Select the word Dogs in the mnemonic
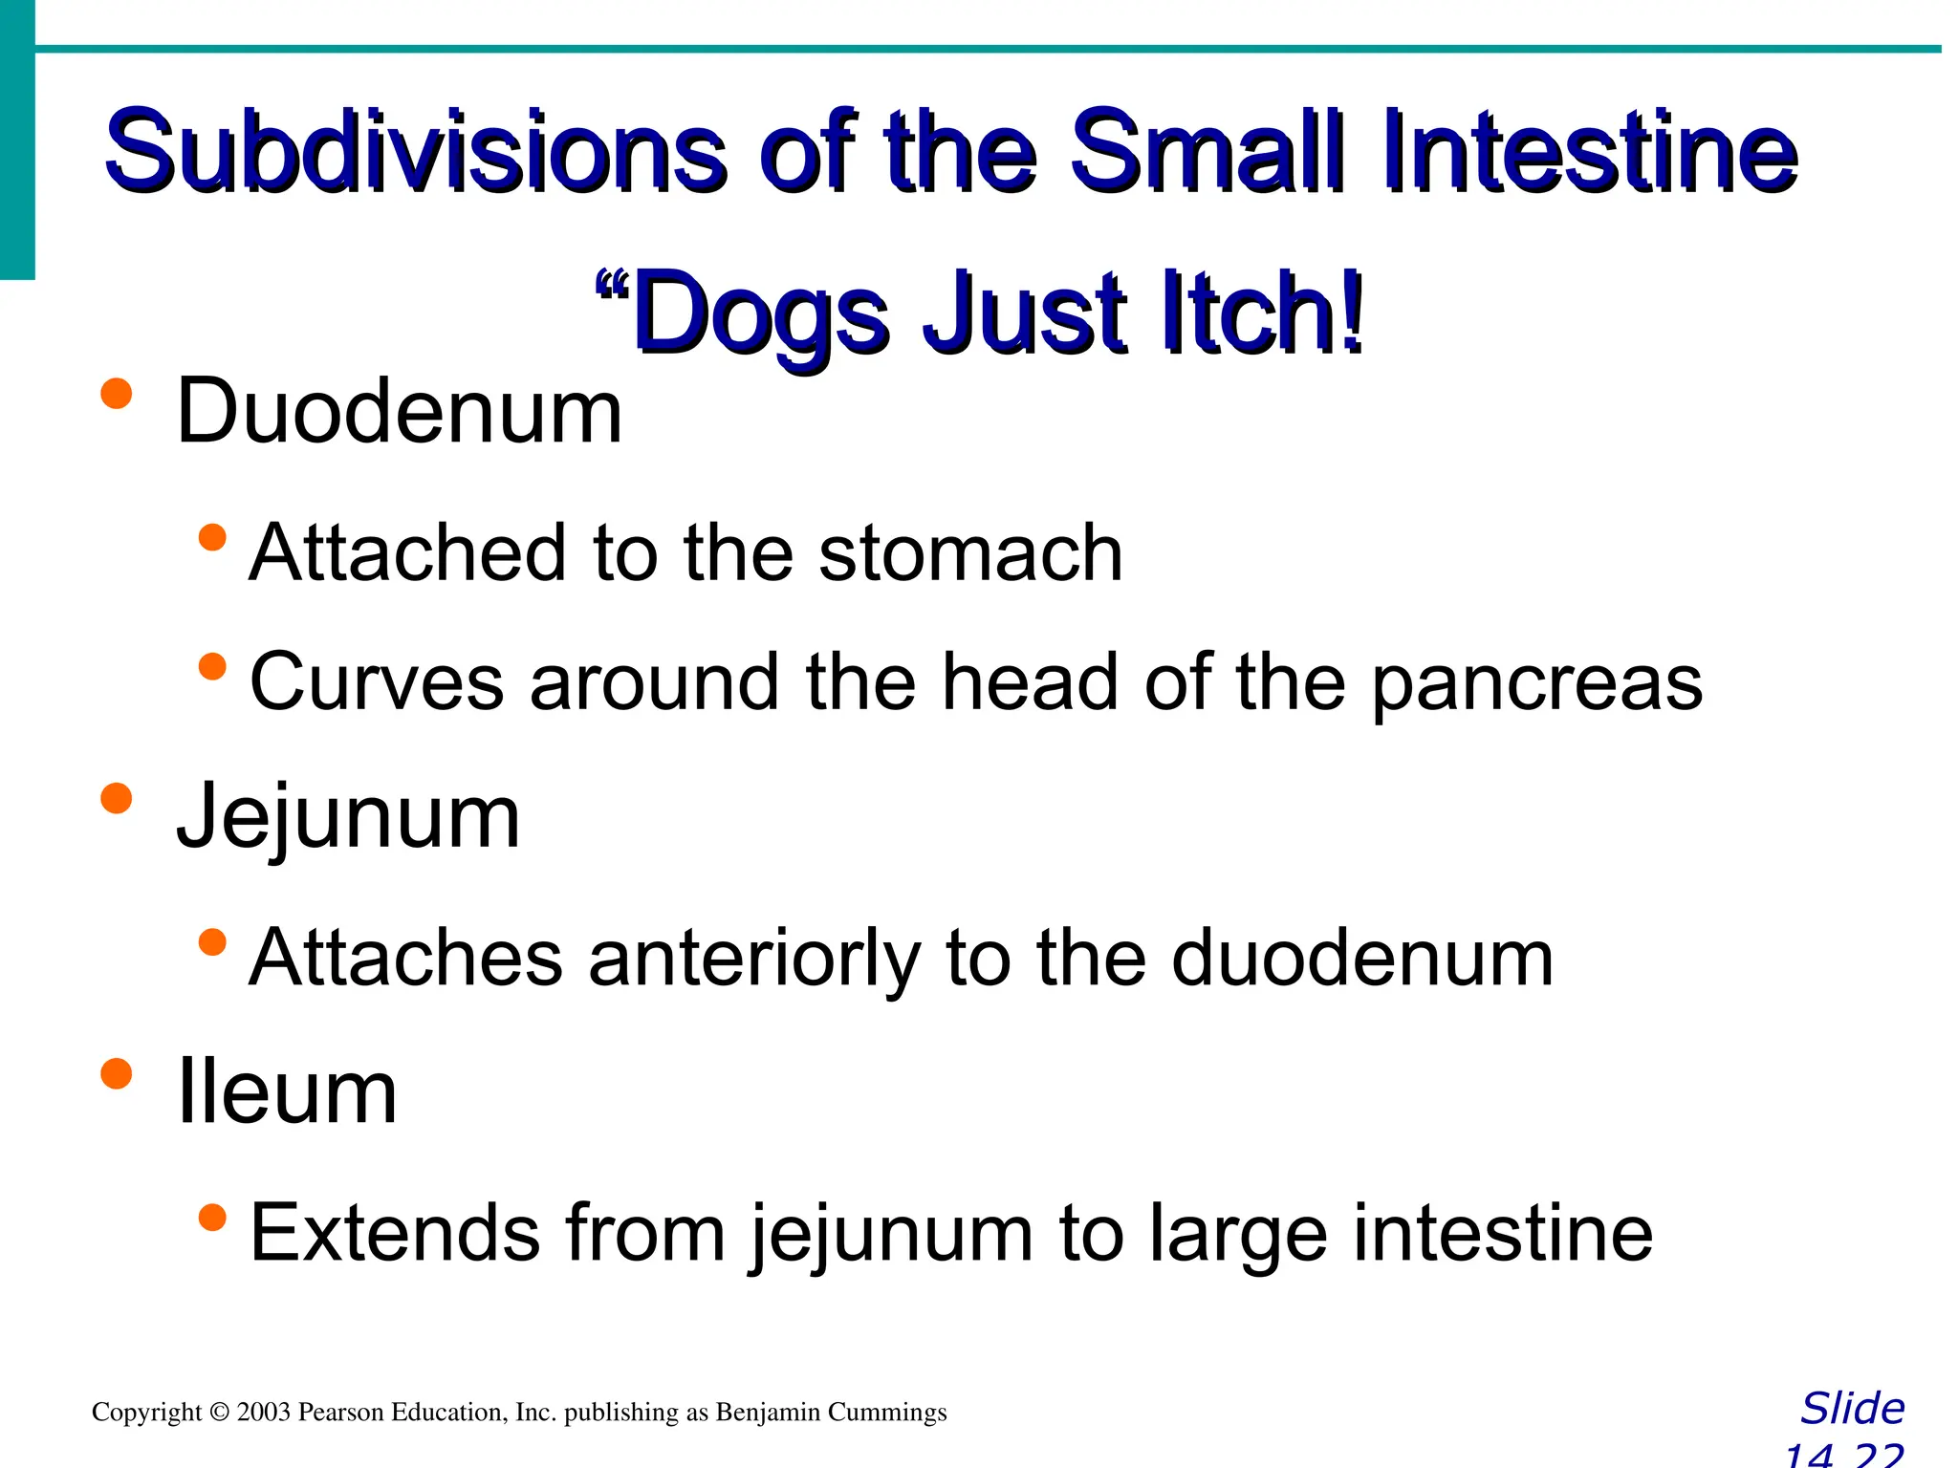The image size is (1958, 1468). [760, 315]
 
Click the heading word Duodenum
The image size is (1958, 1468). [400, 411]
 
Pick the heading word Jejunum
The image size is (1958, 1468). [348, 817]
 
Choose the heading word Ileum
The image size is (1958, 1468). [287, 1092]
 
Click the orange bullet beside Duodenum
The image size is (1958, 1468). [116, 394]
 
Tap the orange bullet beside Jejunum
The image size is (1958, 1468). [116, 798]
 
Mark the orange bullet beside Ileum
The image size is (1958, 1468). [116, 1073]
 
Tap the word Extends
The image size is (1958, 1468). [393, 1233]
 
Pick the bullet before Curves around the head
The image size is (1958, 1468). [212, 667]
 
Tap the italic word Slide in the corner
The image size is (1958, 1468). [1852, 1409]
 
